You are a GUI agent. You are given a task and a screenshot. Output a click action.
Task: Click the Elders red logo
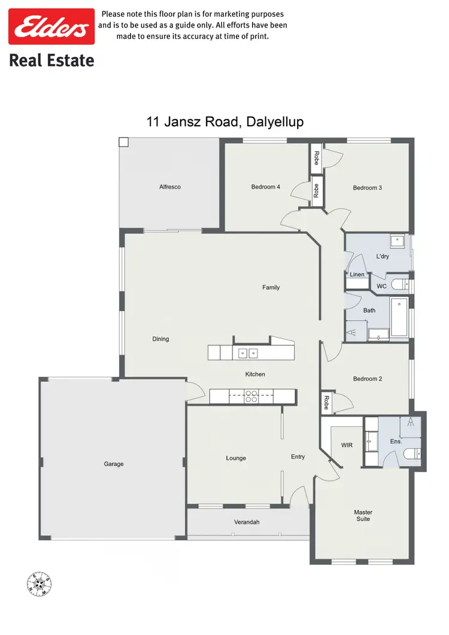(x=51, y=26)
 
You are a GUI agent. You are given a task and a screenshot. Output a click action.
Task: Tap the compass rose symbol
(x=40, y=584)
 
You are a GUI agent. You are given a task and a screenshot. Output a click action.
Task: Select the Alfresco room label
(x=170, y=187)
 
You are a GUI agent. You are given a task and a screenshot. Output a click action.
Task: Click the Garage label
(x=114, y=464)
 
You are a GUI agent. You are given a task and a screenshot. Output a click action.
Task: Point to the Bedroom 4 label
(x=265, y=187)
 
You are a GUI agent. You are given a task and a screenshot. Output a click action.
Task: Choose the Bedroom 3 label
(x=367, y=188)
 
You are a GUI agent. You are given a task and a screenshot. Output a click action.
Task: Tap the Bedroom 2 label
(x=367, y=379)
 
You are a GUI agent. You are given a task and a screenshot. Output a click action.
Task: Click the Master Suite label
(x=363, y=515)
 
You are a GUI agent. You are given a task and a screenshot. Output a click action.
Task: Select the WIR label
(x=347, y=445)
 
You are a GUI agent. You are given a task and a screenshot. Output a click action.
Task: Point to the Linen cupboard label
(x=357, y=275)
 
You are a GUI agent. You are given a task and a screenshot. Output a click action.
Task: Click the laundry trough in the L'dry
(x=397, y=242)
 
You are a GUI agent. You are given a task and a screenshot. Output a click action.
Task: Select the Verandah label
(x=247, y=522)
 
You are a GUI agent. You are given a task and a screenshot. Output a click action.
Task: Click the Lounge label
(x=236, y=458)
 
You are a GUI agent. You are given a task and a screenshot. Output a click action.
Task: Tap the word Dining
(x=160, y=339)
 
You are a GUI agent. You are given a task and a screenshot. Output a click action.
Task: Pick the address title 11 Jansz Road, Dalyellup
(x=225, y=121)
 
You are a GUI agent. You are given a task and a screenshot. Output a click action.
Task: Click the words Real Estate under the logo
(x=51, y=60)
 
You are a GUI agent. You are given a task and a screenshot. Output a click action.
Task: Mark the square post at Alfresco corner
(x=123, y=142)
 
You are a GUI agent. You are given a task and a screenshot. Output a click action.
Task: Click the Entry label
(x=298, y=457)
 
